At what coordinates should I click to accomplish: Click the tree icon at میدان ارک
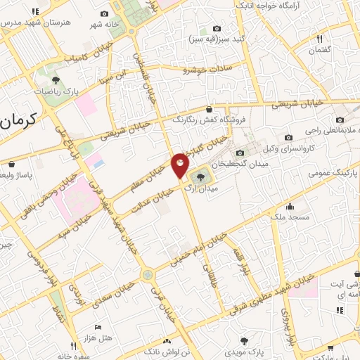pyautogui.click(x=201, y=176)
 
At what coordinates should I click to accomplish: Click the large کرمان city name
pyautogui.click(x=17, y=122)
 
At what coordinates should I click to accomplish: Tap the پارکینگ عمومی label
pyautogui.click(x=335, y=171)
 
